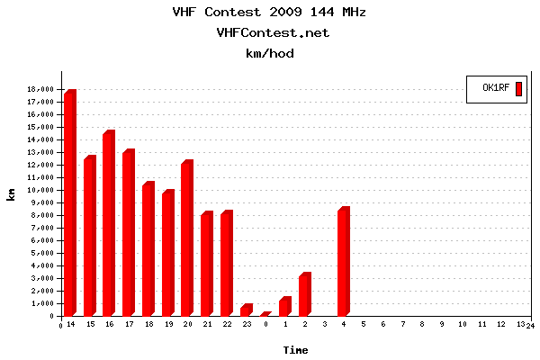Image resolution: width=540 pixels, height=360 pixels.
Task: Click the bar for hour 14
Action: (x=69, y=203)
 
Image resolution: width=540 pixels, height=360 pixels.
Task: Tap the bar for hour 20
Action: (x=186, y=238)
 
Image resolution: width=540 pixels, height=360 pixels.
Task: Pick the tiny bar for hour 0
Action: (x=265, y=314)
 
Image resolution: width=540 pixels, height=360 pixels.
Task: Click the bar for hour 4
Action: (x=343, y=262)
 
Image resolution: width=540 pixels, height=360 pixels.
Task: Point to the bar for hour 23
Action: (x=246, y=310)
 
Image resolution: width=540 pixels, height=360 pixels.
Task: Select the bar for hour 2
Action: (x=304, y=294)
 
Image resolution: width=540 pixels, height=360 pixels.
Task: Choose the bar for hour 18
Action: (x=148, y=249)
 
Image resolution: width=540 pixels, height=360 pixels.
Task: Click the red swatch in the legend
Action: (x=518, y=88)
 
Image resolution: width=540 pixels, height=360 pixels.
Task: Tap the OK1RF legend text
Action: (x=497, y=88)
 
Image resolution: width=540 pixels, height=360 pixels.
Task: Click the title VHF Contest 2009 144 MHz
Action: (x=269, y=13)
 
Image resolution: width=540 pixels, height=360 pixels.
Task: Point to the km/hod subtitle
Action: (x=270, y=54)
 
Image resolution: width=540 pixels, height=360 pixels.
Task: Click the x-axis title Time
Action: (x=295, y=349)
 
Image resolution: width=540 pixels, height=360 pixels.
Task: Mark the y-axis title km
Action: (x=11, y=194)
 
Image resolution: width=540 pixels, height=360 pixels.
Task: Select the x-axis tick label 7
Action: (x=402, y=323)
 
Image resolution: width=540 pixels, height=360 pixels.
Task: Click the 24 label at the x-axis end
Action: (x=531, y=326)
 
